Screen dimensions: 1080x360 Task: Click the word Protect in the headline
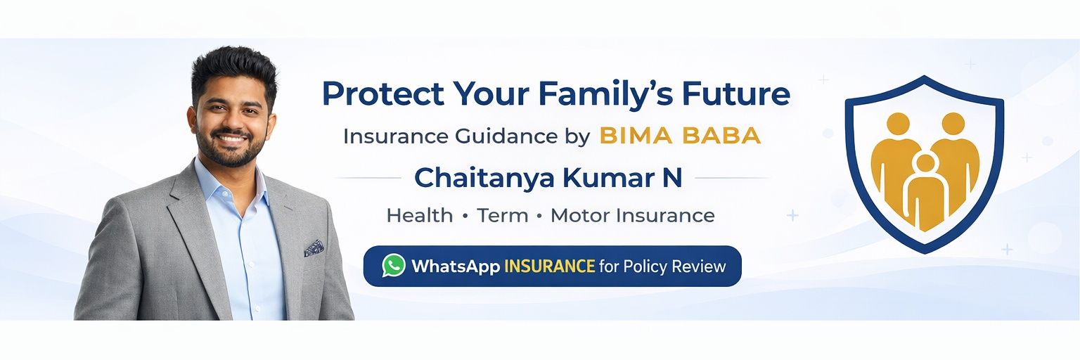pos(383,94)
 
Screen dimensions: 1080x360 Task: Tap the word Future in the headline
pos(735,94)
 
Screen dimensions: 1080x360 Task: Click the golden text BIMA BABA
pos(680,136)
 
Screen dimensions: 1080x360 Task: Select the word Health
pos(420,215)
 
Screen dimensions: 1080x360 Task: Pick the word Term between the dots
pos(503,215)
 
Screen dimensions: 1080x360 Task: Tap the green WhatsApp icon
pos(394,266)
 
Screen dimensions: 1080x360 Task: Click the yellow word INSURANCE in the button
pos(549,266)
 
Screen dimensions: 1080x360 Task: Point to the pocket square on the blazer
pos(314,247)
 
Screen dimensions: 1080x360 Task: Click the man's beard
pos(231,148)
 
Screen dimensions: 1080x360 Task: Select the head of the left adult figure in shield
pos(897,124)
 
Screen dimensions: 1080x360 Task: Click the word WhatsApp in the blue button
pos(455,266)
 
